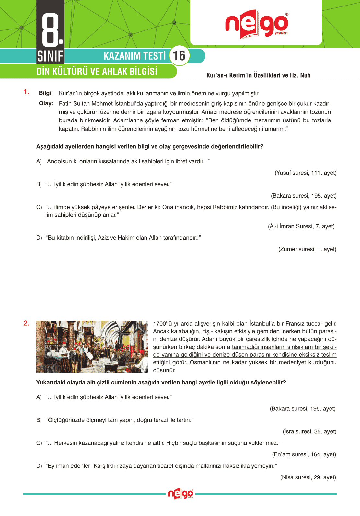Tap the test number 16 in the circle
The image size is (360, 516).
(179, 56)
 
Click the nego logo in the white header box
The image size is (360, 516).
(256, 24)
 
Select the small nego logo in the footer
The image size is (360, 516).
(180, 494)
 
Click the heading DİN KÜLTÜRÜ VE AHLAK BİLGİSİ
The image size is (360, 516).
(97, 71)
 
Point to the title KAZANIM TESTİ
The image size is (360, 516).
(134, 56)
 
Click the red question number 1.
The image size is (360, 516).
(26, 92)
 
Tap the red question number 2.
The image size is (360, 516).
(26, 323)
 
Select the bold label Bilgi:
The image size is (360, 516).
(46, 93)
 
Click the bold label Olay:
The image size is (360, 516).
(46, 103)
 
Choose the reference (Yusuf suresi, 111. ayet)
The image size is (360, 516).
(305, 173)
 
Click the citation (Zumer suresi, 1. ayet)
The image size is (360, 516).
(307, 249)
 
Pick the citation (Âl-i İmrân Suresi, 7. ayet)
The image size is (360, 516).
(301, 226)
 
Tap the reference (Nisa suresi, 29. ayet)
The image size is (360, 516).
(308, 477)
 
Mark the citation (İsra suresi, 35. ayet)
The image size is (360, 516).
(309, 431)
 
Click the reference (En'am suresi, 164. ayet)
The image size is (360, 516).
(304, 454)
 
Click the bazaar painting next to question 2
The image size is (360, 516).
(92, 346)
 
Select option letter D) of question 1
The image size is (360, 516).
(39, 238)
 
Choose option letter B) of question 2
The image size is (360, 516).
(39, 420)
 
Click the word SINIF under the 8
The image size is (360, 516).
(50, 56)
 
